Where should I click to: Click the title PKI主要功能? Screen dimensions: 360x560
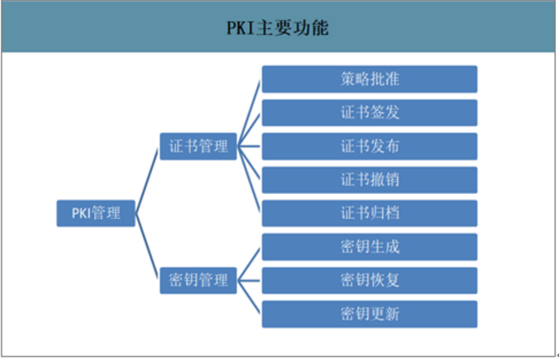pyautogui.click(x=279, y=28)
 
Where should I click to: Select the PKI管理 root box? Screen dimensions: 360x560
pyautogui.click(x=95, y=213)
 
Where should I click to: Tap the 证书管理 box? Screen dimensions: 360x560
pyautogui.click(x=198, y=146)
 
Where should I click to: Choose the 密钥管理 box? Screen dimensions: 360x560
pyautogui.click(x=198, y=280)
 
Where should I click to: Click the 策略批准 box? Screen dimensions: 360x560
pyautogui.click(x=369, y=79)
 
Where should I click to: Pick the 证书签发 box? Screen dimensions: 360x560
pyautogui.click(x=369, y=113)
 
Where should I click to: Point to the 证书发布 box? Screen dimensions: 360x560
pyautogui.click(x=369, y=146)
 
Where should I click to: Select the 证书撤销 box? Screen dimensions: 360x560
pyautogui.click(x=369, y=179)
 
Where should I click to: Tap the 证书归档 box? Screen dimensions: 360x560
pyautogui.click(x=369, y=213)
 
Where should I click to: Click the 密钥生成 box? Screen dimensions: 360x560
pyautogui.click(x=369, y=246)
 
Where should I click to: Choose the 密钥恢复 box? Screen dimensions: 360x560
pyautogui.click(x=369, y=280)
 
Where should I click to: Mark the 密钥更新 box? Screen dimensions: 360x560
pyautogui.click(x=369, y=314)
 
